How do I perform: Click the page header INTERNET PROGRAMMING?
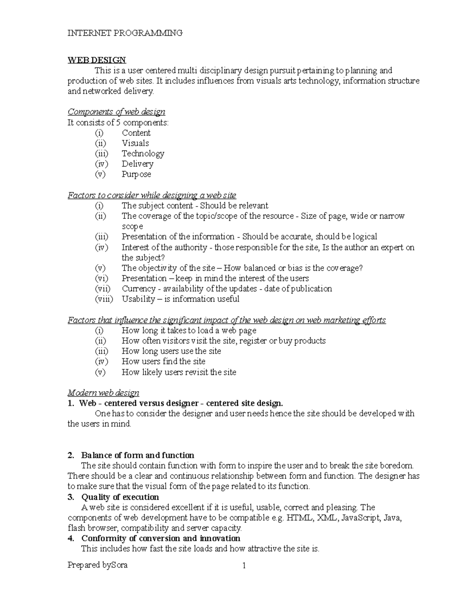[125, 33]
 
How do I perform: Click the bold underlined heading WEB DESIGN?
[97, 60]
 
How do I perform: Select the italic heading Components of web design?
[116, 112]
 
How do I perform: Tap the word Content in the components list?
[136, 133]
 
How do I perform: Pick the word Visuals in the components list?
[135, 143]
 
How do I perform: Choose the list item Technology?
[143, 154]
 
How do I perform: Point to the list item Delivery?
[138, 164]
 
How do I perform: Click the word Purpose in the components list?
[136, 175]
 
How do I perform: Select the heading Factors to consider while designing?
[152, 195]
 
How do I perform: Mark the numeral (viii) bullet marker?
[104, 299]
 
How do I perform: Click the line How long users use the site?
[171, 351]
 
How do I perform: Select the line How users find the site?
[163, 362]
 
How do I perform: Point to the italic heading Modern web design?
[103, 393]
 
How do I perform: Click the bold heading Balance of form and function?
[138, 456]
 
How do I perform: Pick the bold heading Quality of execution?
[120, 497]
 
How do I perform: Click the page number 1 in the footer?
[244, 565]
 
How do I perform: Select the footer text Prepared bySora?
[98, 565]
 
